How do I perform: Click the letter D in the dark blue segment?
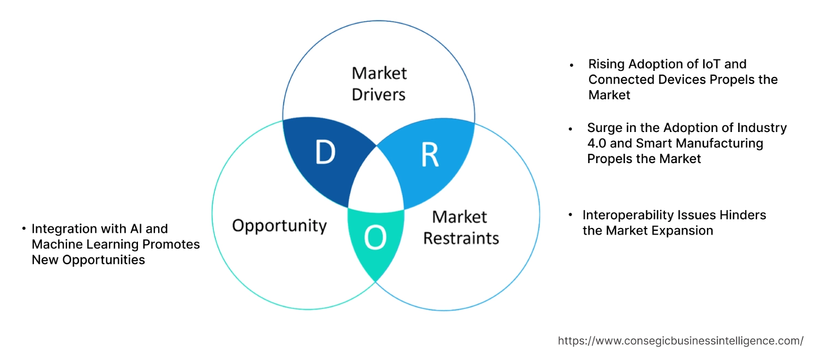click(325, 153)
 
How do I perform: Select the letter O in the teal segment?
click(375, 237)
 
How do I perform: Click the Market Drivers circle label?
click(379, 83)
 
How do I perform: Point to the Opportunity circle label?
click(279, 225)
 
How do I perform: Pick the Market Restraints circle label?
click(461, 227)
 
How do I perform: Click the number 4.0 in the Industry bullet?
click(597, 143)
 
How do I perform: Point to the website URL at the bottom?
click(680, 341)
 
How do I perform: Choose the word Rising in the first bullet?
click(606, 64)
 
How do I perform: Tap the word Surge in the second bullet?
click(604, 128)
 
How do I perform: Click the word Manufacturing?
click(713, 143)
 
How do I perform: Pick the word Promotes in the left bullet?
click(170, 244)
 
